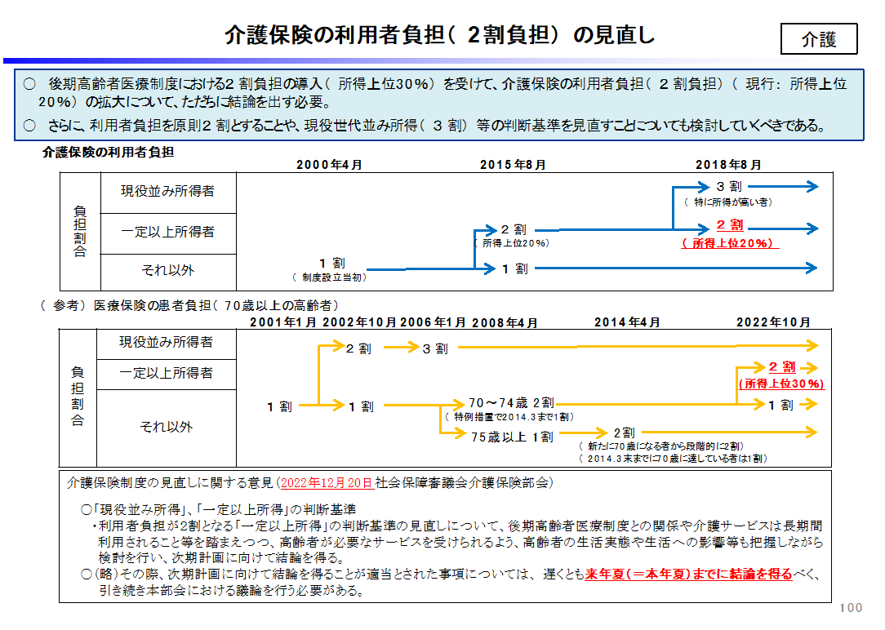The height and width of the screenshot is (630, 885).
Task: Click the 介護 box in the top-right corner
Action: [818, 39]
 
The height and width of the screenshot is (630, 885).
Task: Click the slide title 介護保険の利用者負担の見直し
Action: [440, 35]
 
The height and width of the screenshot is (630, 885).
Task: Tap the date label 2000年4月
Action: [329, 165]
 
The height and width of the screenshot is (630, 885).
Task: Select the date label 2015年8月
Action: [513, 165]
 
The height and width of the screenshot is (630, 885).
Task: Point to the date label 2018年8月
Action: [728, 165]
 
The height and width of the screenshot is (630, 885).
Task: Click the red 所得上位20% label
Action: [730, 244]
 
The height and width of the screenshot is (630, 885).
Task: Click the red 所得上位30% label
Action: [781, 384]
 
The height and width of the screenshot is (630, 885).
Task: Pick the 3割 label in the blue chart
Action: [729, 187]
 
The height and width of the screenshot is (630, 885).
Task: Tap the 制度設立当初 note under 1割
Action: [330, 277]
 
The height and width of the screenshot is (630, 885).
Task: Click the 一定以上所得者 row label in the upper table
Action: [167, 232]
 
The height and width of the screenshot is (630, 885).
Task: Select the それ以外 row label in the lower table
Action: [167, 427]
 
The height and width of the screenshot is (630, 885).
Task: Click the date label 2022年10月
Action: [773, 322]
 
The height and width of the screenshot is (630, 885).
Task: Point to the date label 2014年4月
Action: [627, 322]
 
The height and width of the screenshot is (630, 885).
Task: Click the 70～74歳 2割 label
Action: [511, 403]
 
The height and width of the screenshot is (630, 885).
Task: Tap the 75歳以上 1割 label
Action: [512, 437]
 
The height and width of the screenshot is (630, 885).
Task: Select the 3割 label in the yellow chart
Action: [435, 349]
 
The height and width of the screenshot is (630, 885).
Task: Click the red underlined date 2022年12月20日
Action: [327, 483]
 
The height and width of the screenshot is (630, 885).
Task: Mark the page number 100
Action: [851, 607]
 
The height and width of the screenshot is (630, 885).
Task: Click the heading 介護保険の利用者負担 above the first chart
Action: [108, 153]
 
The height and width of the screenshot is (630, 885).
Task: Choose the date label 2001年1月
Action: [283, 322]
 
